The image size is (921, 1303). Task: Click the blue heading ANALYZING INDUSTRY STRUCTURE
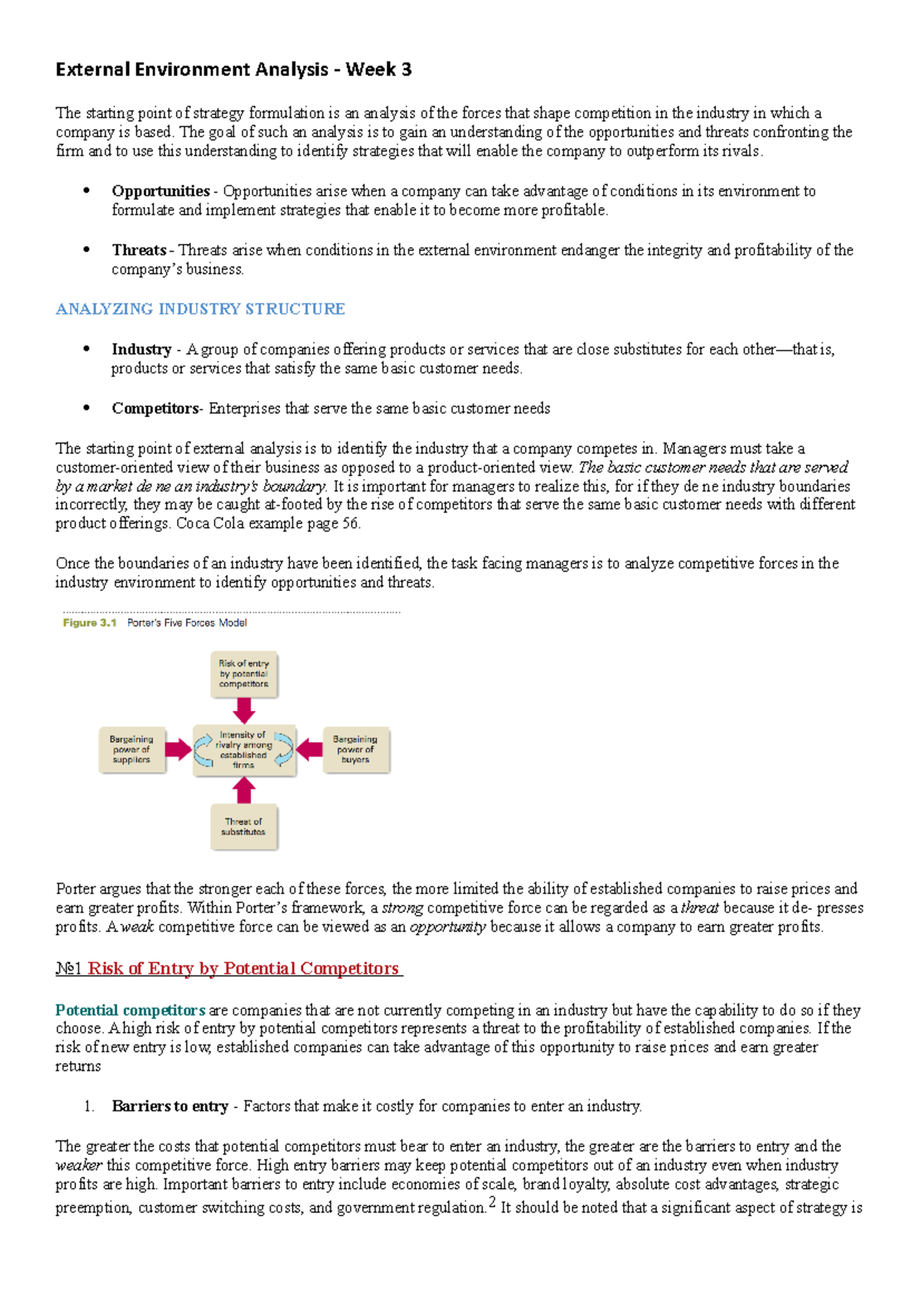pyautogui.click(x=200, y=309)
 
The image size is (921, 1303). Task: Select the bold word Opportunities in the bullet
pyautogui.click(x=160, y=191)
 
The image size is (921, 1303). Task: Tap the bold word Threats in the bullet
pyautogui.click(x=139, y=250)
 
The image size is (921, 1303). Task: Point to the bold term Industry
pyautogui.click(x=141, y=350)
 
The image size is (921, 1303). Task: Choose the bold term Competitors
pyautogui.click(x=155, y=409)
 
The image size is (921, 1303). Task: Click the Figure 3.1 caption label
pyautogui.click(x=90, y=623)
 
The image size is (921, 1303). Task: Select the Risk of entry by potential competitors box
pyautogui.click(x=243, y=674)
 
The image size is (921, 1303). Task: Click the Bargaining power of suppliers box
pyautogui.click(x=131, y=750)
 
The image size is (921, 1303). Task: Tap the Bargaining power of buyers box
pyautogui.click(x=355, y=750)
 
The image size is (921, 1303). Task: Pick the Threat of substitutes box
pyautogui.click(x=243, y=826)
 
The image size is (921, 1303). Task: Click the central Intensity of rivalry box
pyautogui.click(x=243, y=750)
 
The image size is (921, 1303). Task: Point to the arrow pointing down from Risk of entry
pyautogui.click(x=243, y=711)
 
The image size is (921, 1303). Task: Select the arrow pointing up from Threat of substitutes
pyautogui.click(x=243, y=790)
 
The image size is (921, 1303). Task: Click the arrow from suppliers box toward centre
pyautogui.click(x=178, y=750)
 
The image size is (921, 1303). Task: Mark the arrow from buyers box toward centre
pyautogui.click(x=309, y=750)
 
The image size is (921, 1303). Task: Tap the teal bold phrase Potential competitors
pyautogui.click(x=130, y=1011)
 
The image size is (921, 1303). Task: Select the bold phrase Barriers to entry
pyautogui.click(x=170, y=1107)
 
